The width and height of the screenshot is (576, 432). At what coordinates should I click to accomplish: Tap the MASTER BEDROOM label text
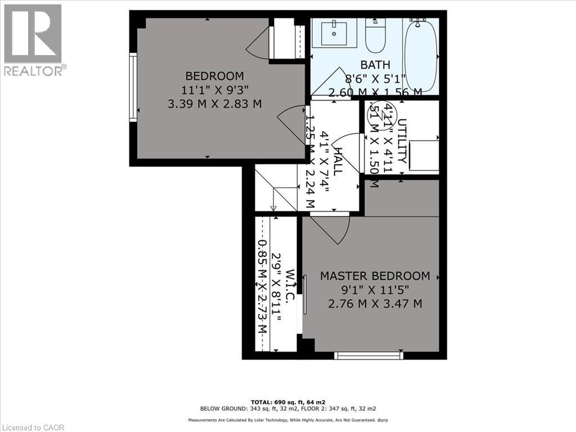point(375,276)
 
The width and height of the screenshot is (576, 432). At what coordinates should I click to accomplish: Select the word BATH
point(375,65)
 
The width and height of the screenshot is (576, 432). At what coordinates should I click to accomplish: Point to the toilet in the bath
point(374,35)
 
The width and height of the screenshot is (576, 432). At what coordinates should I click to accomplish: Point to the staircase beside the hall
point(276,188)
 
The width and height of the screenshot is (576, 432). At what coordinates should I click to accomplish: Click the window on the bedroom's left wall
point(133,87)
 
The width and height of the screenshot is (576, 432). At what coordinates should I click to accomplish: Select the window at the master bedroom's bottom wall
point(368,355)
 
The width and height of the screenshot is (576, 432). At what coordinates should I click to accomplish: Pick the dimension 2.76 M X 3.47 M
point(375,304)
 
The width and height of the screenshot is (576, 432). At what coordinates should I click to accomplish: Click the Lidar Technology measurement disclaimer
point(288,420)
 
